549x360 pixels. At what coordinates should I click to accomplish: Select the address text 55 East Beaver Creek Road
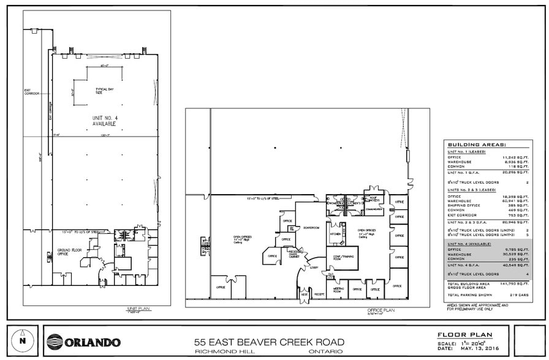269,342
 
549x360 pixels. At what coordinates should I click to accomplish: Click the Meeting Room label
338,289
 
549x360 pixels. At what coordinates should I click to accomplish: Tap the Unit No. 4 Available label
105,121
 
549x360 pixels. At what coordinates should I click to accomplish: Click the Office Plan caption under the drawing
381,310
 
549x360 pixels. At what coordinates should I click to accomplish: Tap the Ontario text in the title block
322,352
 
